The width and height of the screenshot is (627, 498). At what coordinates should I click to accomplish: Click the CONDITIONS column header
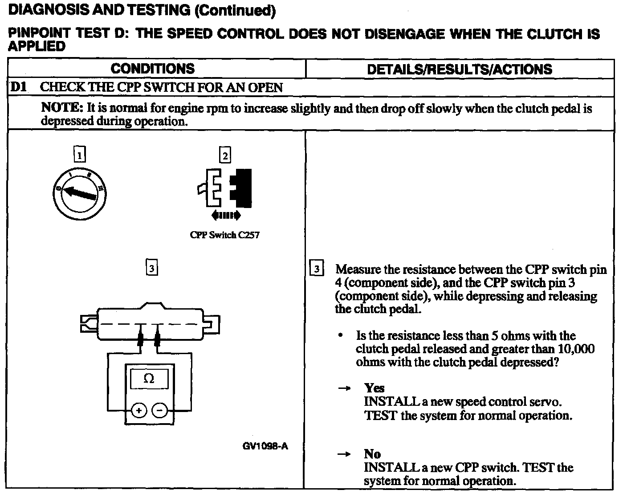click(x=152, y=69)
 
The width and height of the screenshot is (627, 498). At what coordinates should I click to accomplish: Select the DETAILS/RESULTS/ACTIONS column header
click(x=459, y=69)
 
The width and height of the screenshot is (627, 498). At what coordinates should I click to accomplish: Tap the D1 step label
click(x=19, y=87)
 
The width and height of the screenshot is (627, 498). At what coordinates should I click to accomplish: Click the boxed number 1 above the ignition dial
click(x=79, y=155)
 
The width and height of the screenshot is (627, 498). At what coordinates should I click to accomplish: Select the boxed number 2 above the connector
click(x=225, y=155)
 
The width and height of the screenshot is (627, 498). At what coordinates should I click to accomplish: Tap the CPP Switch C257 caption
click(x=224, y=235)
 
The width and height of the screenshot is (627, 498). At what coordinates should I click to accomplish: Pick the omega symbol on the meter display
click(x=149, y=379)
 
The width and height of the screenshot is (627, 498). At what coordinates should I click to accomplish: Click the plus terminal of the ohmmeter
click(x=138, y=410)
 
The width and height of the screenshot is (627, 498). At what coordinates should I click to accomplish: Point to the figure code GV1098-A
click(x=265, y=446)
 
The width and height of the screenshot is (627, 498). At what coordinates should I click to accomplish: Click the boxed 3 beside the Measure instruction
click(x=316, y=269)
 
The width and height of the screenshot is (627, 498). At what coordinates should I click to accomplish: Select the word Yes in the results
click(x=374, y=388)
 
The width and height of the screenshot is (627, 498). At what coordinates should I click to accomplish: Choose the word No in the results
click(x=372, y=454)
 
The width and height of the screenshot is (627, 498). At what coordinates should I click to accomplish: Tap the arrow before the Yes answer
click(x=344, y=388)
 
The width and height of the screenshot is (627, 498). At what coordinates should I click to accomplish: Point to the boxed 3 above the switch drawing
click(x=152, y=268)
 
